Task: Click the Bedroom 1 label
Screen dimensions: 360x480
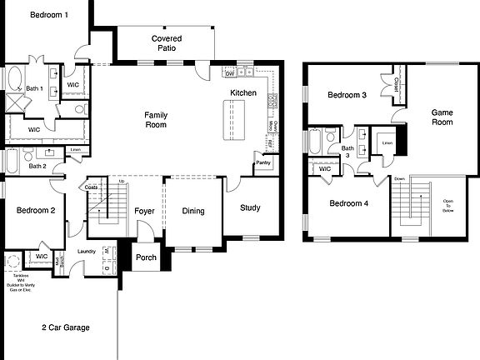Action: click(x=49, y=15)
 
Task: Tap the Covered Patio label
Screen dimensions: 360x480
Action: click(x=167, y=44)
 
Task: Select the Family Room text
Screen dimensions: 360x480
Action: click(x=156, y=120)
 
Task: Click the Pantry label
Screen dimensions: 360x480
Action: click(x=263, y=162)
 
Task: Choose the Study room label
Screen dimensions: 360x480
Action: click(x=250, y=208)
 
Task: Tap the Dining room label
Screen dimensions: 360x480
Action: click(x=193, y=211)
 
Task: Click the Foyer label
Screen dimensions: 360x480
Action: click(x=146, y=211)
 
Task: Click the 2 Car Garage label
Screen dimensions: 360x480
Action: click(x=66, y=327)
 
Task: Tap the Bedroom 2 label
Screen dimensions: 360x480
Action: click(x=36, y=211)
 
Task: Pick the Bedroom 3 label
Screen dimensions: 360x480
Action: click(x=347, y=96)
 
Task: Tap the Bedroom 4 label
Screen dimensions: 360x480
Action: click(x=347, y=203)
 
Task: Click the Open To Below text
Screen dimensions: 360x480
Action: click(x=448, y=205)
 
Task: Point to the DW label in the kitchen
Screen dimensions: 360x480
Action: click(x=230, y=74)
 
